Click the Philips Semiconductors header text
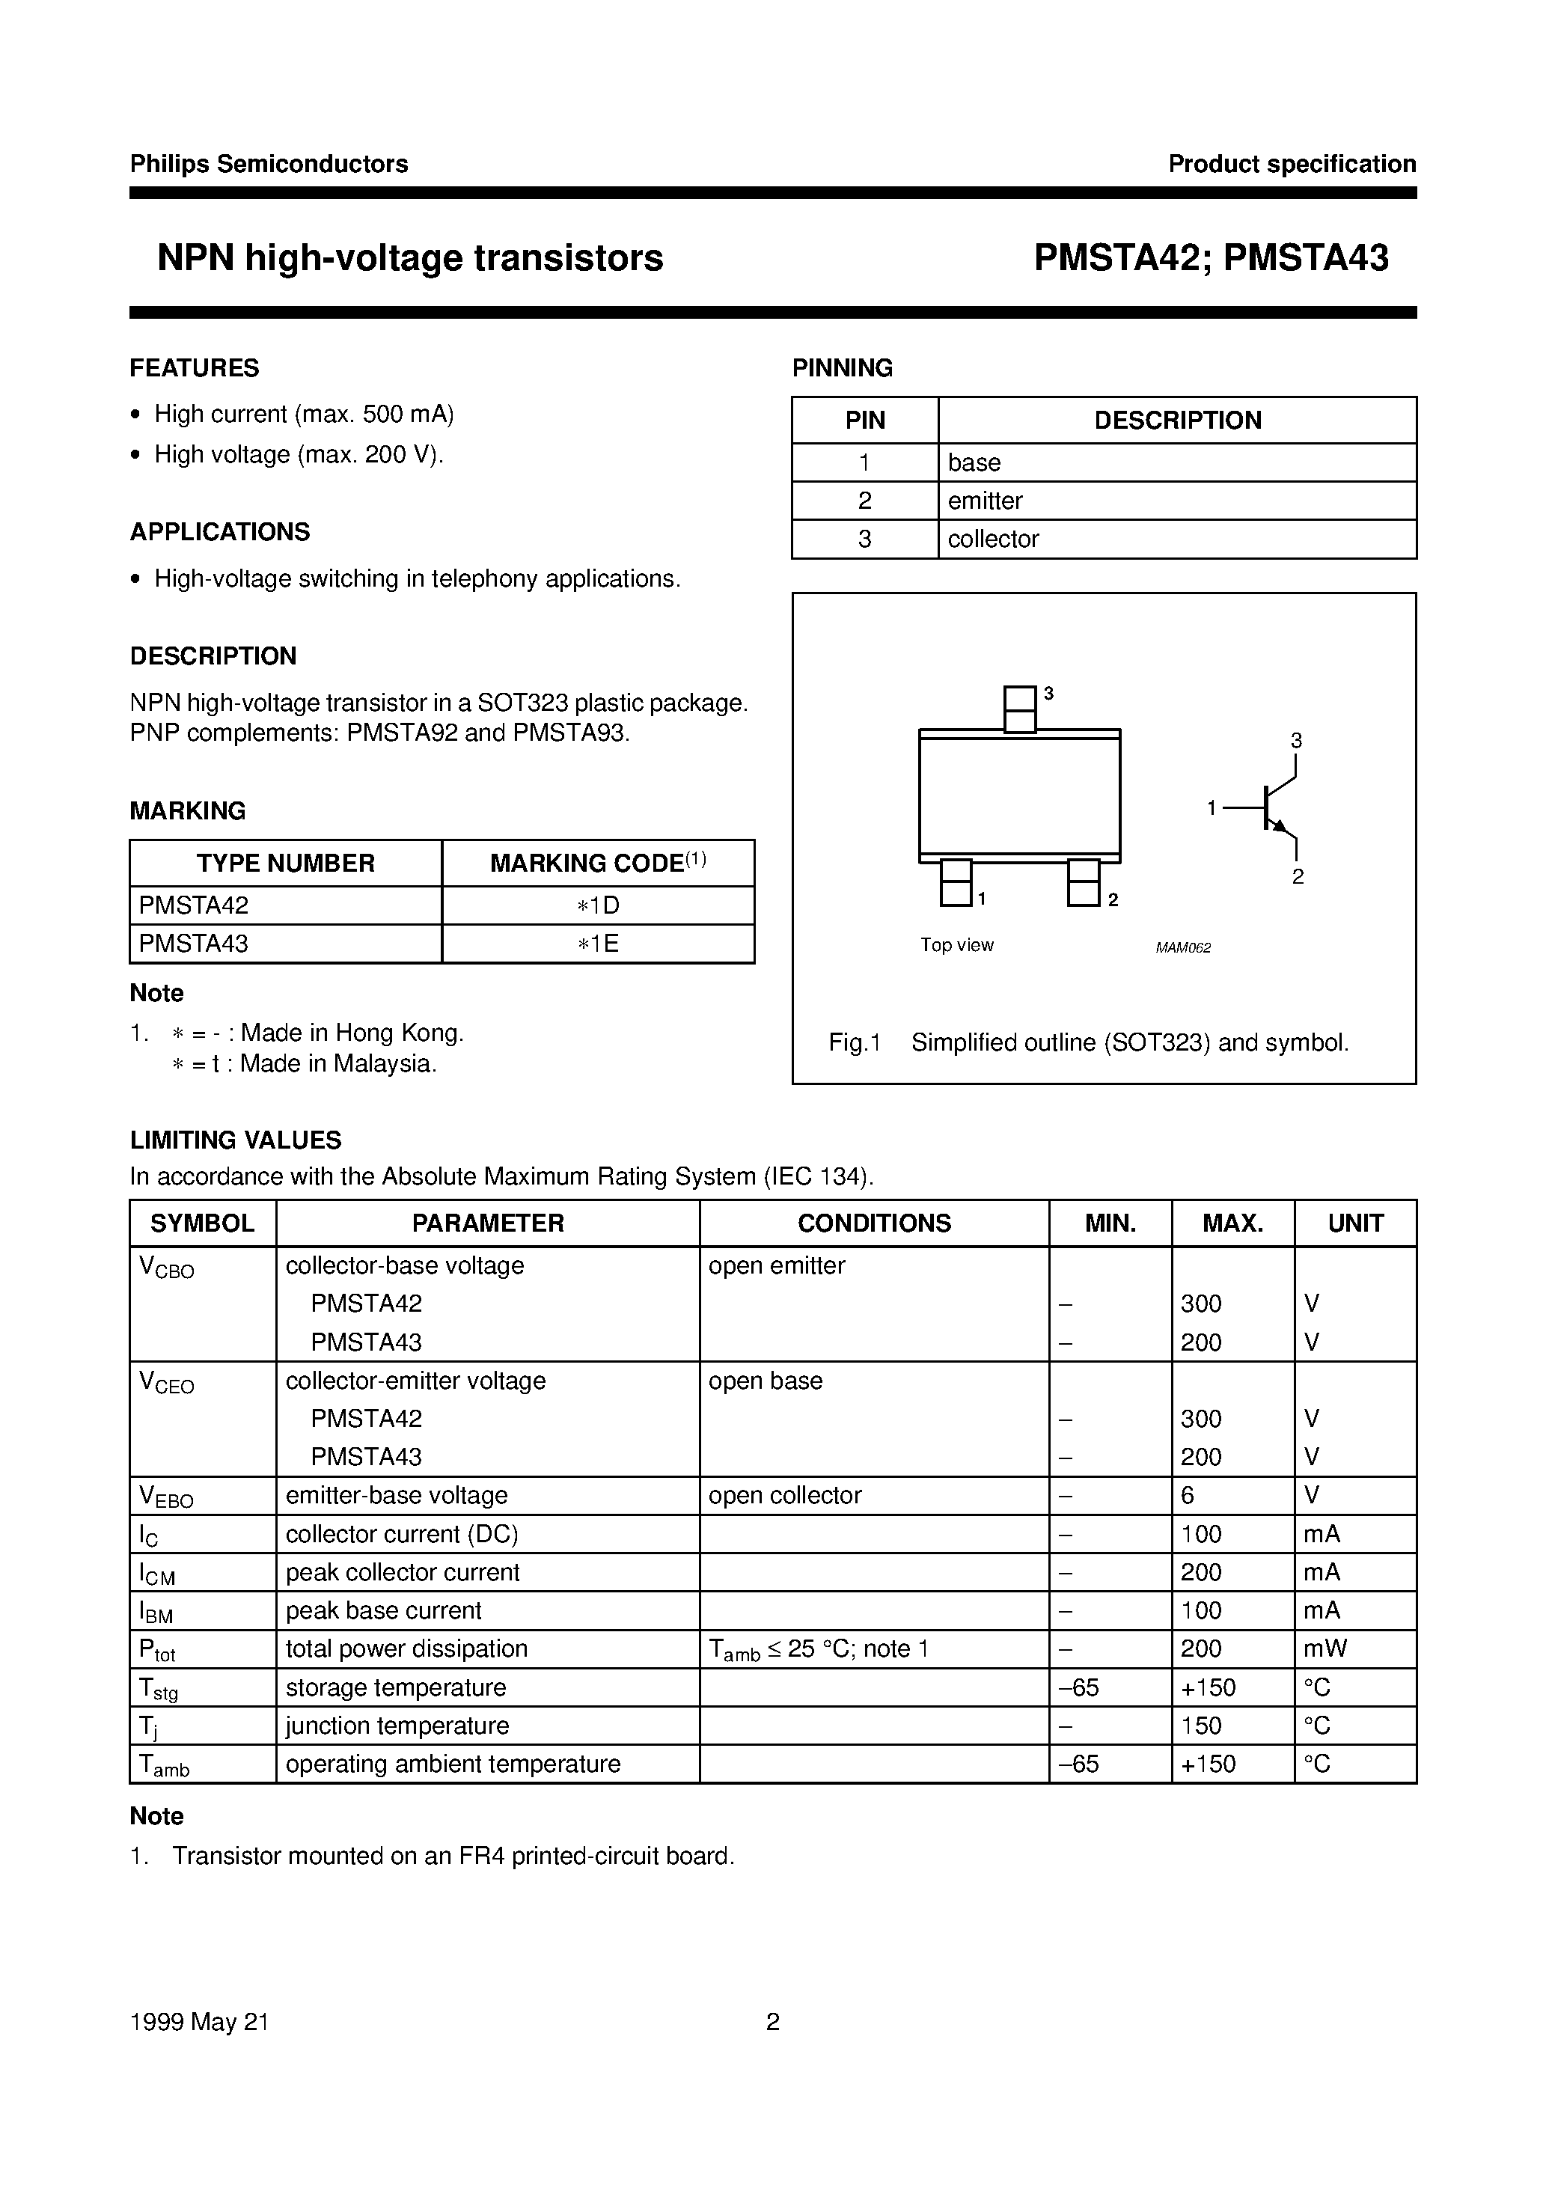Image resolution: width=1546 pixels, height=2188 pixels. [269, 165]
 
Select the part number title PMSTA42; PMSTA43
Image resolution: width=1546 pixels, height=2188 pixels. [1211, 258]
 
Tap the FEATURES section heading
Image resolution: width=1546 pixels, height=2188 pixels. [195, 368]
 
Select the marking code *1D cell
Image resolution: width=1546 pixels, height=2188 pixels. [598, 905]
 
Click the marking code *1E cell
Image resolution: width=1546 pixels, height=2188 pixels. [598, 944]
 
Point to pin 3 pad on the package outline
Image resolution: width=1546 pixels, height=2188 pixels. [1020, 709]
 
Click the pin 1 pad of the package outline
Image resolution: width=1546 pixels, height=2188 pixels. [956, 882]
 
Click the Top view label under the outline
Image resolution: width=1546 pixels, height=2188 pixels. [956, 945]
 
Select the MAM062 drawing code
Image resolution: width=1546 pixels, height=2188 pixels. [1183, 948]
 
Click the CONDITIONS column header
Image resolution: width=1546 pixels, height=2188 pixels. [874, 1223]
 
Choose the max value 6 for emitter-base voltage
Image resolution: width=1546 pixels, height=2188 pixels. [1188, 1496]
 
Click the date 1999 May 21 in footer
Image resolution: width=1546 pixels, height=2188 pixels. [199, 2022]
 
